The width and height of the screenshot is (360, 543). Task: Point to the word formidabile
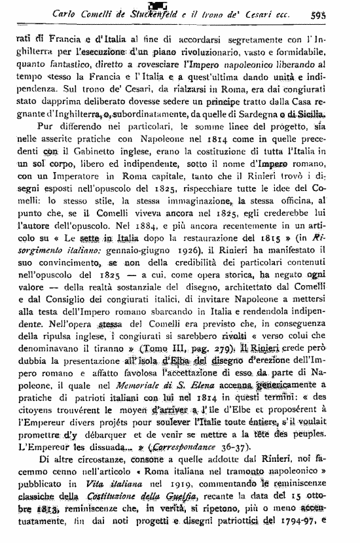coord(310,51)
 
